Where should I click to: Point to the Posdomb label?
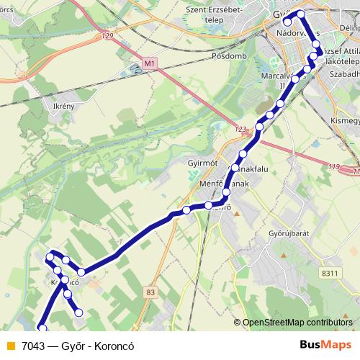click(x=230, y=55)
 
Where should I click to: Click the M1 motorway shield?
click(x=149, y=64)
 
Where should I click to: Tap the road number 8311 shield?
click(x=330, y=272)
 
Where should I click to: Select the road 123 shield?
click(x=240, y=130)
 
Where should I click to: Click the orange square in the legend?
click(x=9, y=345)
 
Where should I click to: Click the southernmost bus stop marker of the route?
click(x=42, y=330)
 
